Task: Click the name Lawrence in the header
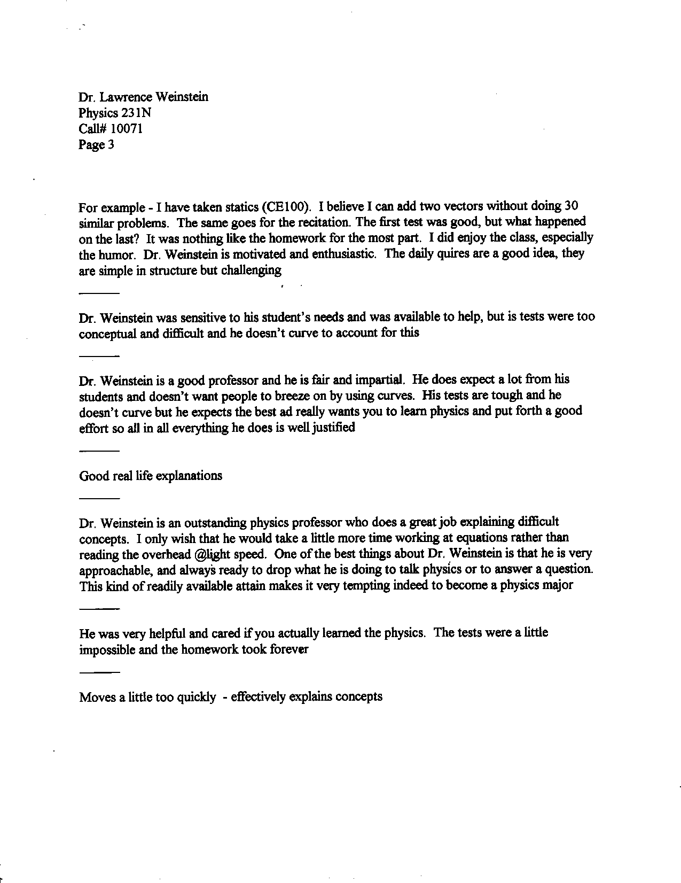tap(124, 97)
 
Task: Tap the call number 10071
tap(127, 129)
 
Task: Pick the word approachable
tap(112, 570)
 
